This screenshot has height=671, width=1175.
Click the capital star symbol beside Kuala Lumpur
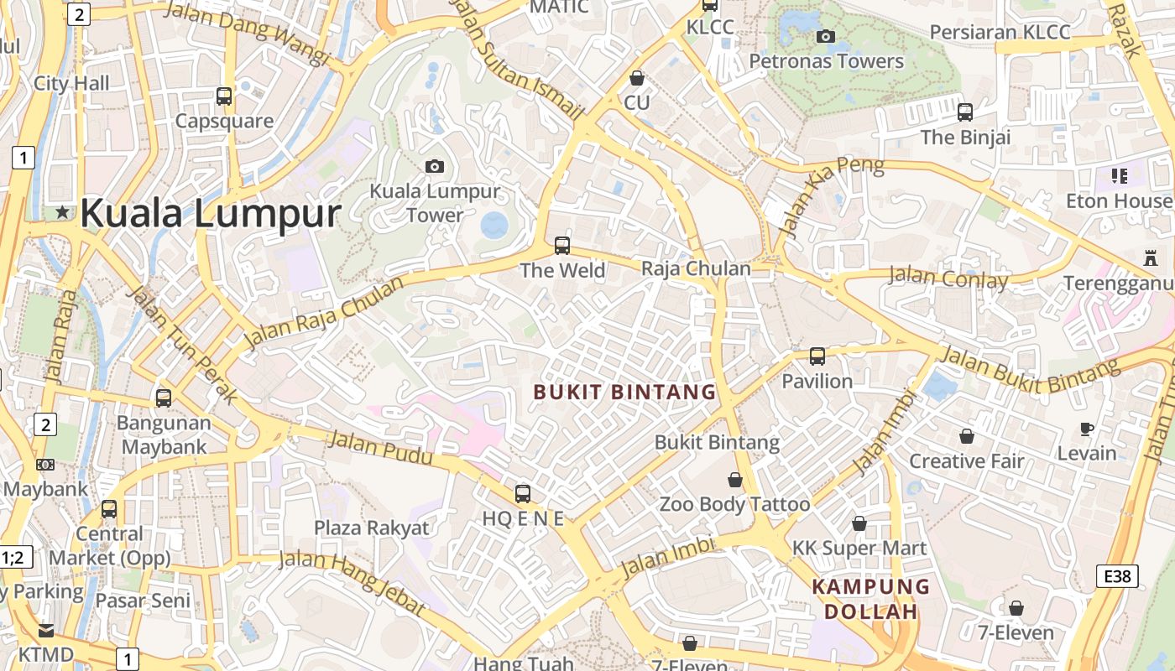62,213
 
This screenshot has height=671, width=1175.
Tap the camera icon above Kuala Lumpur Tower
434,166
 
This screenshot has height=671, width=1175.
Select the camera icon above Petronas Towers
826,36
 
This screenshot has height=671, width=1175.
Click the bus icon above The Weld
562,246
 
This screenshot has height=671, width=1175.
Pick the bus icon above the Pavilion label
817,356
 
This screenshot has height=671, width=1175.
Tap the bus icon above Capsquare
224,96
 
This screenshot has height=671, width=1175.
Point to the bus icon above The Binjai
965,112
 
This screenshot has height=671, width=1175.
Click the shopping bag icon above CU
637,78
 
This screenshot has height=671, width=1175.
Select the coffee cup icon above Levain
1087,429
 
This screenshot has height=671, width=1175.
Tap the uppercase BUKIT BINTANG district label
625,392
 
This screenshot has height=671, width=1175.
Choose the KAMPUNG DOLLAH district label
871,599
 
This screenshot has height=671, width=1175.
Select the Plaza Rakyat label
372,528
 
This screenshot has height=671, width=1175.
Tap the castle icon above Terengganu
1150,259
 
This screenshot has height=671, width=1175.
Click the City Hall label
71,83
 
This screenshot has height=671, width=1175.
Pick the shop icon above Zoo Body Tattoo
735,480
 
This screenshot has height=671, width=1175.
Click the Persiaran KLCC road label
1000,32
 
